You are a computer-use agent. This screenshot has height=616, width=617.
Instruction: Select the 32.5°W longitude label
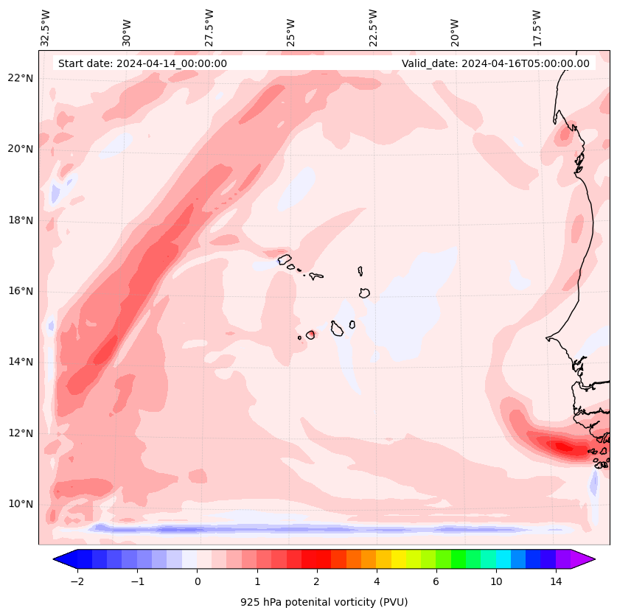46,28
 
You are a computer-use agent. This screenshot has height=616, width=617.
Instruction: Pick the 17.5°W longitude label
537,28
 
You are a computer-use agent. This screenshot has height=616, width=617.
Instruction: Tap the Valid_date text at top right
495,63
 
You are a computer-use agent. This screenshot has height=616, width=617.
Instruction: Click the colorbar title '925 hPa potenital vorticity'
324,602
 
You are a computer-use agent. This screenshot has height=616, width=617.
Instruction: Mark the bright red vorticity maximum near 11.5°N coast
564,446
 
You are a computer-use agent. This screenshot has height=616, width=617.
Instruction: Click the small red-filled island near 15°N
310,335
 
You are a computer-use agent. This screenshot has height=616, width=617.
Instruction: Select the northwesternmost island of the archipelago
285,259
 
